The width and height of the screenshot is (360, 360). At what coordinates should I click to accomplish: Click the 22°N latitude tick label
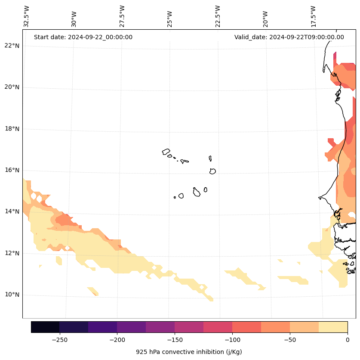click(x=11, y=46)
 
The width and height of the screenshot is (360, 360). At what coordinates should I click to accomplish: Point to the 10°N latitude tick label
click(x=11, y=295)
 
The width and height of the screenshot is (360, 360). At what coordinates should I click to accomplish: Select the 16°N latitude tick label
click(x=11, y=170)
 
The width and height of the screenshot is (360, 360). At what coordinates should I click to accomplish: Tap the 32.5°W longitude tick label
click(x=26, y=16)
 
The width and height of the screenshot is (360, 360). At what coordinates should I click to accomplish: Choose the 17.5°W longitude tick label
click(x=313, y=16)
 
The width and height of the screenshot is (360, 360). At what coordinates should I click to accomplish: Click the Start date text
click(x=83, y=37)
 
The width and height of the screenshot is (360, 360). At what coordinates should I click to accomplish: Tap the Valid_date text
click(x=289, y=37)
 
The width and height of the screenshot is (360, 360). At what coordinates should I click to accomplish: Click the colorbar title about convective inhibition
click(x=189, y=352)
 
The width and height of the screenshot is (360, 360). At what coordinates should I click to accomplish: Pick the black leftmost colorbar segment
click(x=45, y=327)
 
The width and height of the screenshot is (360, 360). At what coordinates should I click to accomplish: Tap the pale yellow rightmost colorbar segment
click(x=333, y=327)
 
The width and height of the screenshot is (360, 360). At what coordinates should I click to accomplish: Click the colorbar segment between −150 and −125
click(x=189, y=327)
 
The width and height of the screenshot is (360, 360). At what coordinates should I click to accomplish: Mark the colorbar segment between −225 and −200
click(x=102, y=327)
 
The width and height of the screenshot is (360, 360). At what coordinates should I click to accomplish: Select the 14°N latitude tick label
click(x=11, y=211)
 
